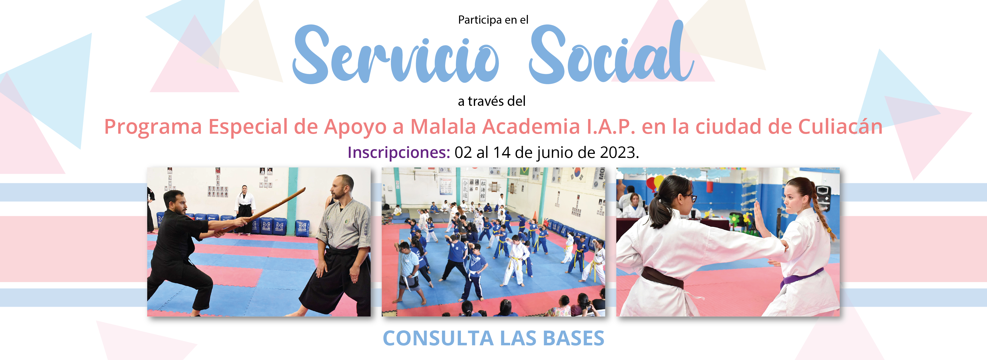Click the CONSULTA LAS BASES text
coord(493,338)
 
